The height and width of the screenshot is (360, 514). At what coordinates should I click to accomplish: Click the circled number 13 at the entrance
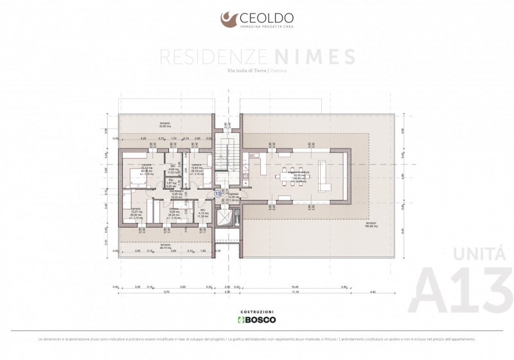point(217,192)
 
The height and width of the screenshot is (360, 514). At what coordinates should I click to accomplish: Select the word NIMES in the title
point(323,56)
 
